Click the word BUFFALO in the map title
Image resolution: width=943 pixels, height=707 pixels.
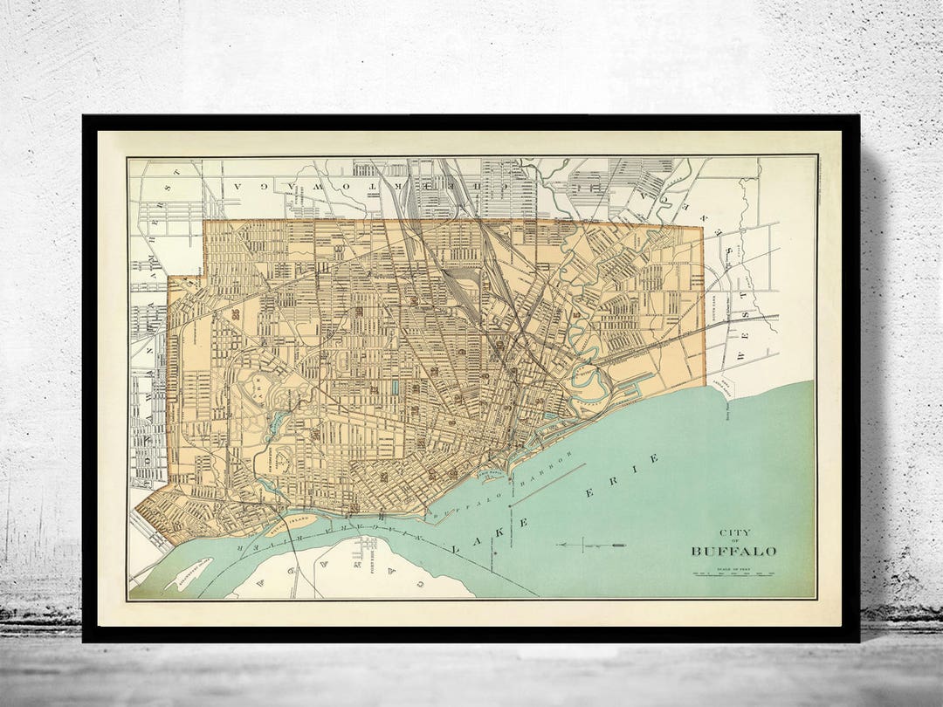pos(733,552)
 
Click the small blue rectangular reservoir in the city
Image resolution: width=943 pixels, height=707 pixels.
pos(395,386)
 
